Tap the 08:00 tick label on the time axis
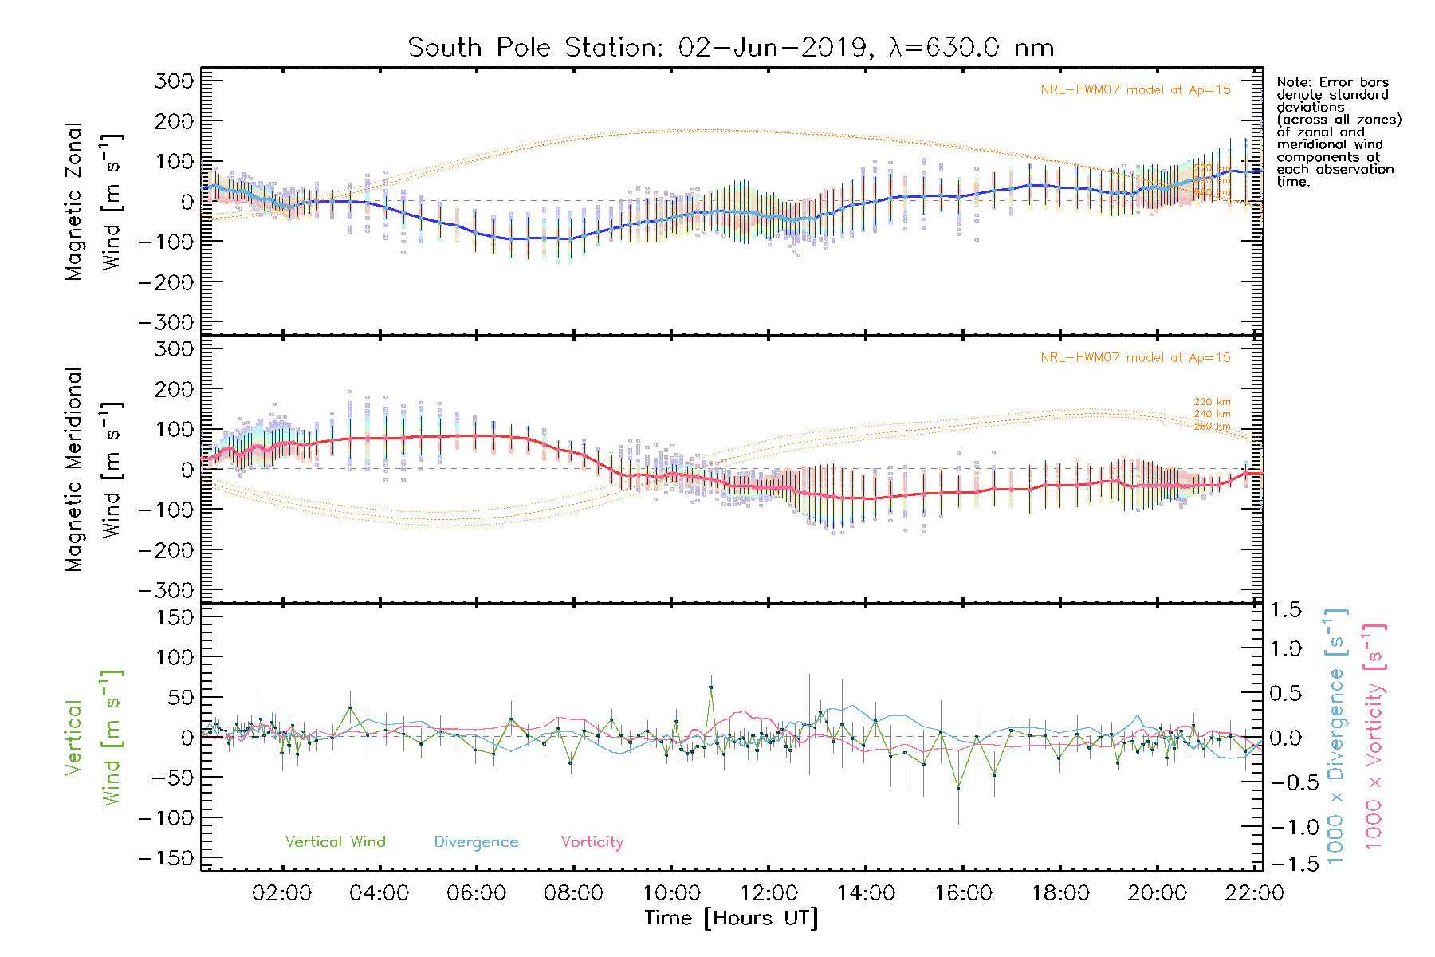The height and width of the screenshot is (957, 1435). coord(573,893)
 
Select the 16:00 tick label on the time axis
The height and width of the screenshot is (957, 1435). coord(963,893)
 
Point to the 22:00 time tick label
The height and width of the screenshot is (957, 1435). coord(1254,893)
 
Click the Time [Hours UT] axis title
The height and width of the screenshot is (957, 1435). coord(731,918)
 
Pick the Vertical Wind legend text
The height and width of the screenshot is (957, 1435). coord(335,842)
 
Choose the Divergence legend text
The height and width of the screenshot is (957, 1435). coord(476,842)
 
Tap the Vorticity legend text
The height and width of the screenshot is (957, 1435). coord(592,842)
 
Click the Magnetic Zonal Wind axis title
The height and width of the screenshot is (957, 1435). coord(93,202)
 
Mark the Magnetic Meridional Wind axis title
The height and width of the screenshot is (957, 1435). coord(93,470)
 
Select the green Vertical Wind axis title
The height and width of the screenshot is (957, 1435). coord(93,738)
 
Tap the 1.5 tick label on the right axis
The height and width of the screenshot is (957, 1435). coord(1286,610)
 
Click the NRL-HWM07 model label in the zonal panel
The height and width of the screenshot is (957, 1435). coord(1135,90)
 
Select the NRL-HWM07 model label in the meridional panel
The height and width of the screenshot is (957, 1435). coord(1135,358)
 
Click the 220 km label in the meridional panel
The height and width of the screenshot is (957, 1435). coord(1212,402)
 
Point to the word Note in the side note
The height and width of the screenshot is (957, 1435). coord(1293,82)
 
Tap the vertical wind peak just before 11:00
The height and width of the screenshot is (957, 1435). coord(710,687)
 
